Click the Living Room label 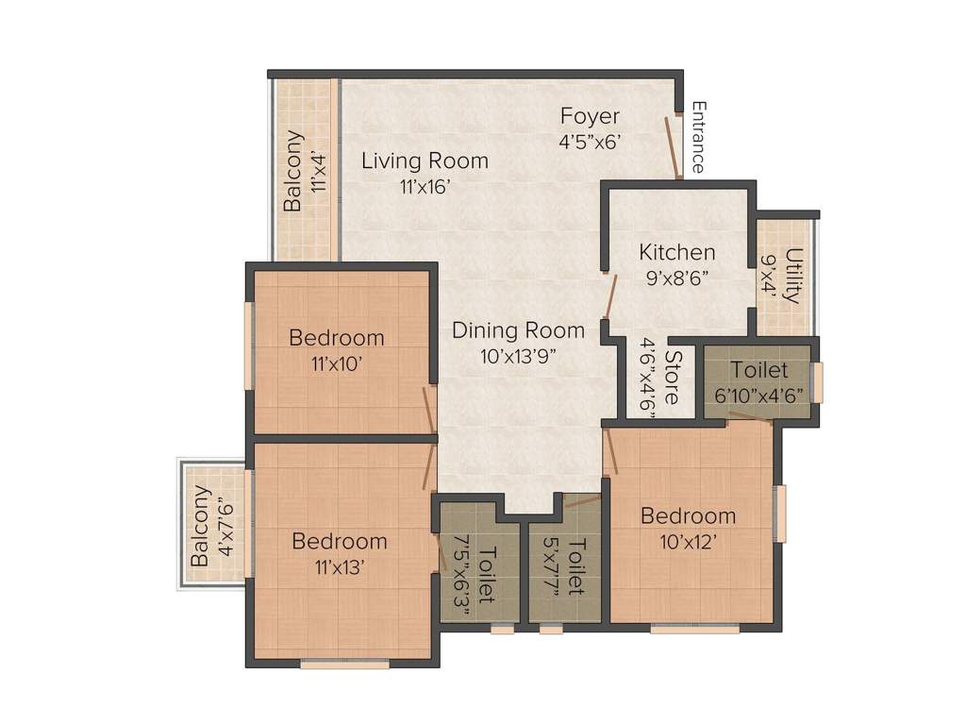point(425,160)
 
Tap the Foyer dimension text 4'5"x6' point(589,142)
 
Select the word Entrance point(698,138)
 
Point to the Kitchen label point(677,252)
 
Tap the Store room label point(673,377)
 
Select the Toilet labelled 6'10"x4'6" point(759,370)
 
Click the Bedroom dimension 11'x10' point(336,363)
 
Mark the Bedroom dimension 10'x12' point(688,542)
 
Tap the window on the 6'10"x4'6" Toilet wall point(818,383)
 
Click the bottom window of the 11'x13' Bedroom point(345,664)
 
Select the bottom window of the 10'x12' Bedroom point(695,630)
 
